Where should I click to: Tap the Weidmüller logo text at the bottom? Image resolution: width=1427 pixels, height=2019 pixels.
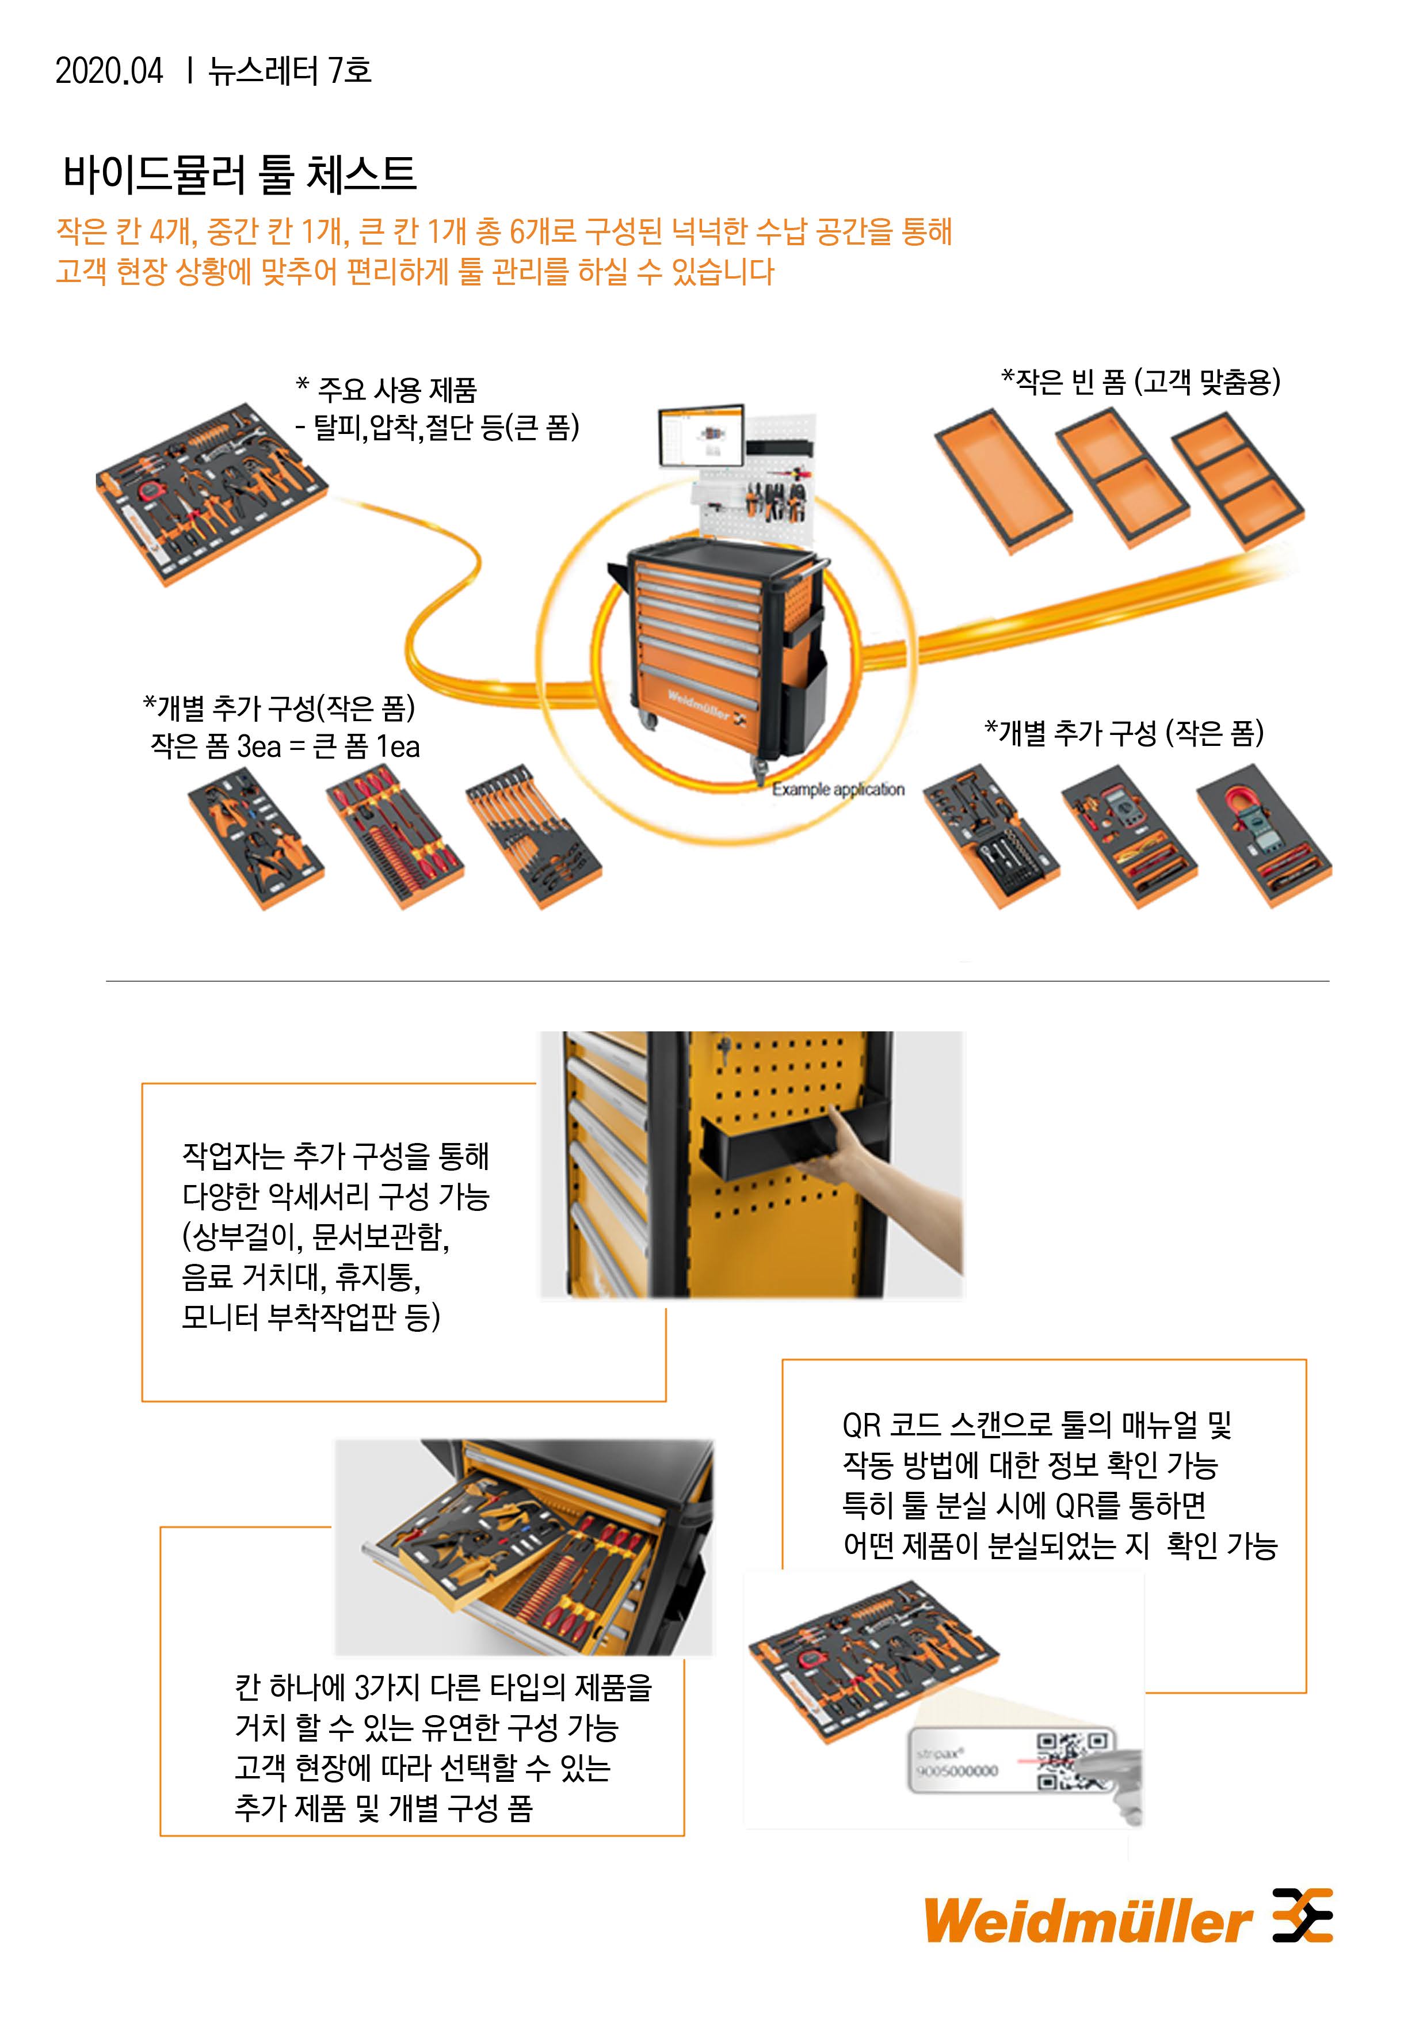[x=1088, y=1921]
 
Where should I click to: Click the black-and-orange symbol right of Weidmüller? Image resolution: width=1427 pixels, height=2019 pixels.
[x=1303, y=1914]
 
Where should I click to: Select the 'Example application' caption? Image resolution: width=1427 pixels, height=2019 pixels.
[x=838, y=790]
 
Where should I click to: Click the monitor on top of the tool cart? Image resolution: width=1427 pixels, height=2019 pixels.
[x=701, y=436]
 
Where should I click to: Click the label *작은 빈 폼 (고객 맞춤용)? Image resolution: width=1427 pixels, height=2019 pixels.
[x=1140, y=382]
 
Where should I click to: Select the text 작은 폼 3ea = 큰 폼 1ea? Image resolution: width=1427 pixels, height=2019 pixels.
[x=285, y=748]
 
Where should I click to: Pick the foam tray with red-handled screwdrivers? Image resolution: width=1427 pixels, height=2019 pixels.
[x=395, y=835]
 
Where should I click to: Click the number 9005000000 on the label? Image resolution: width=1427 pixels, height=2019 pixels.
[x=957, y=1771]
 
